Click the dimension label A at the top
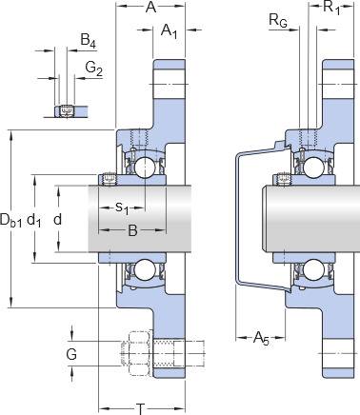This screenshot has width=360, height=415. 150,7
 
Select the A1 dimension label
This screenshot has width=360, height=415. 169,31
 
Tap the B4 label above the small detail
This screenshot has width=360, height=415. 88,41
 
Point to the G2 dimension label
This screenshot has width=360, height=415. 94,69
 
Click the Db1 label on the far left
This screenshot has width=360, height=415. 10,220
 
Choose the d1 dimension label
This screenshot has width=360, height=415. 33,220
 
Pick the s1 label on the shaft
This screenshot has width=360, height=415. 122,208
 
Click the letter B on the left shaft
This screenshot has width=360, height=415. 132,230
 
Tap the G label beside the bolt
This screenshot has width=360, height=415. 71,354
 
